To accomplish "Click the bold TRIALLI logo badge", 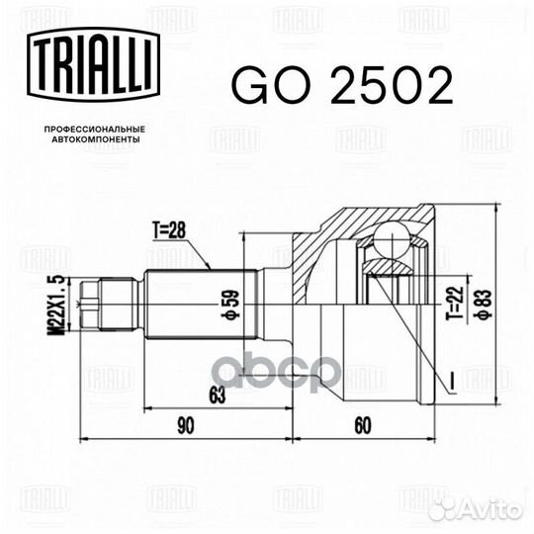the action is point(93,65).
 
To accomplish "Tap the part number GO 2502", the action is point(342,85).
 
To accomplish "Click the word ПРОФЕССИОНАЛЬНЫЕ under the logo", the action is point(95,130).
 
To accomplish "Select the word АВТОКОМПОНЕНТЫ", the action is point(95,139).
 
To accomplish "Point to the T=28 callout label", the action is point(169,230).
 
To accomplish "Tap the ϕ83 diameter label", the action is point(485,305).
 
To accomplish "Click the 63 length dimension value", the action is point(218,396).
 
